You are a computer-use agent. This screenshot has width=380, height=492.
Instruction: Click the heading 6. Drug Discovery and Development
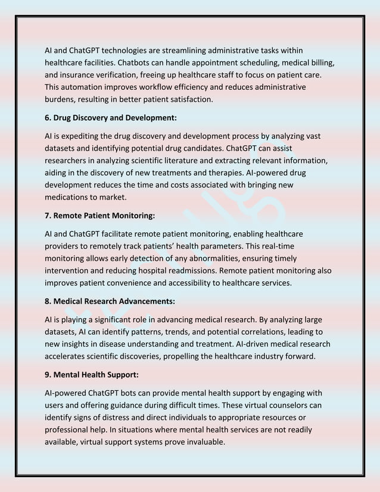pyautogui.click(x=111, y=117)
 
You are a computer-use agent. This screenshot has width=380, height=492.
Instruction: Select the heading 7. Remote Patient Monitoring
pyautogui.click(x=100, y=215)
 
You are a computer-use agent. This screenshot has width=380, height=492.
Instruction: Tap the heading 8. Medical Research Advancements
pyautogui.click(x=110, y=301)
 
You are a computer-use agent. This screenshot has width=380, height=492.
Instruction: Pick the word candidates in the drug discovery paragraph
pyautogui.click(x=233, y=148)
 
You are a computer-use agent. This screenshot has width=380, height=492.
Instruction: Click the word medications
pyautogui.click(x=69, y=197)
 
